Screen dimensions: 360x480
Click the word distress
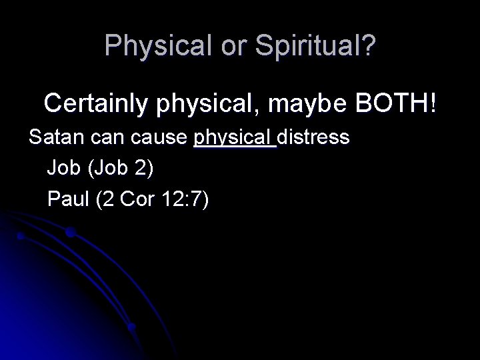tap(313, 138)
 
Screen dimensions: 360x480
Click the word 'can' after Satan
tap(103, 138)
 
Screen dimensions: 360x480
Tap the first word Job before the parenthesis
tap(63, 169)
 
